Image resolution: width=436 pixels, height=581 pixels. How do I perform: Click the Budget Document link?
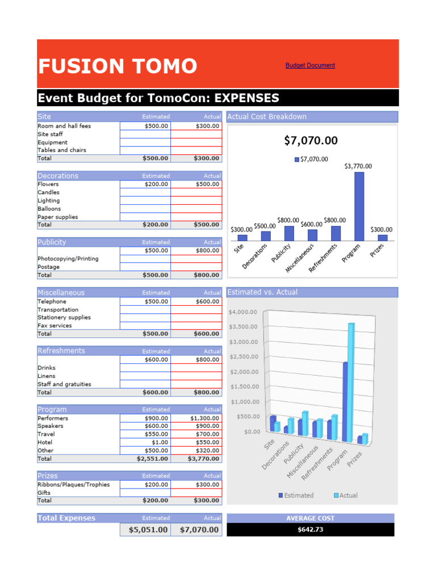coord(310,65)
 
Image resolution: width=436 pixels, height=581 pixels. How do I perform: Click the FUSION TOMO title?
coord(118,66)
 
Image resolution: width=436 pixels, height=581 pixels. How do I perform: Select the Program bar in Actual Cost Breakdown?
coord(359,206)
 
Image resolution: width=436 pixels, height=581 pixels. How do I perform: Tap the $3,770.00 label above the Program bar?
coord(358,166)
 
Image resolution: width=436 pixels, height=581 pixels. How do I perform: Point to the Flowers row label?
coord(48,184)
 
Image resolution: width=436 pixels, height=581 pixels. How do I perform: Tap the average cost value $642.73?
coord(310,530)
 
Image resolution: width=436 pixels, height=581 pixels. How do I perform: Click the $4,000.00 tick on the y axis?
coord(242,311)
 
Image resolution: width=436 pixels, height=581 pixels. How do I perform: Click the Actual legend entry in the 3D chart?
coord(345,495)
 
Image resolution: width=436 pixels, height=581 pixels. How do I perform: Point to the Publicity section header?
coord(52,242)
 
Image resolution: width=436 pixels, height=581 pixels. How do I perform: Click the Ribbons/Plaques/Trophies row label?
coord(74,485)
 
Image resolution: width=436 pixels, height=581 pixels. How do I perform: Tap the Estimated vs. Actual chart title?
coord(262,292)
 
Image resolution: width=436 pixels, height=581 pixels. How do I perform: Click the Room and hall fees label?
coord(64,126)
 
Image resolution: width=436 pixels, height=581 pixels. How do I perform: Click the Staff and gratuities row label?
coord(64,384)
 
